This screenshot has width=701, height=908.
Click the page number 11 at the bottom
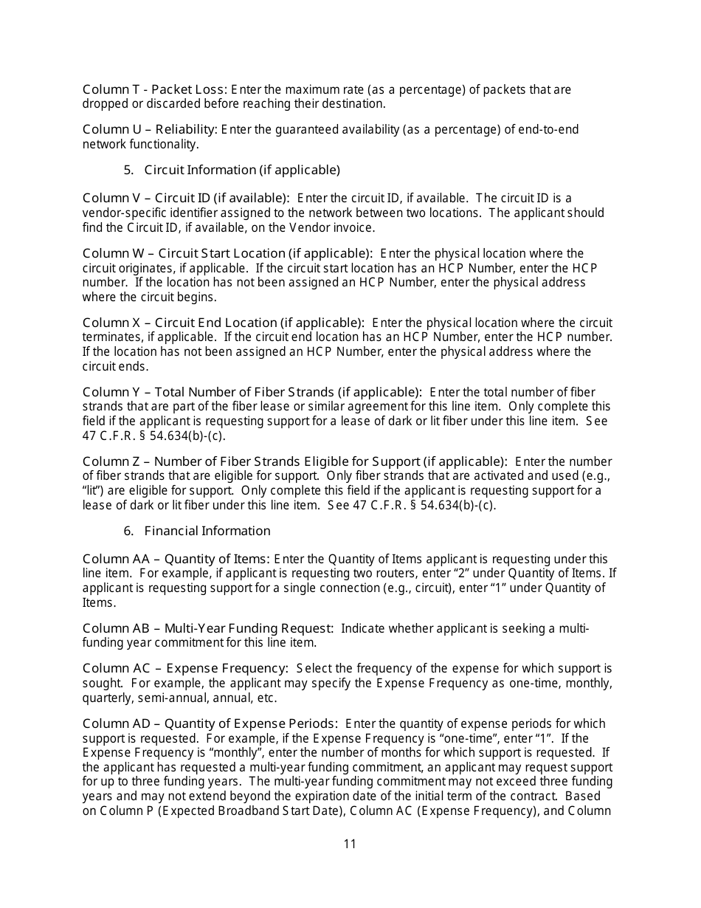click(x=350, y=844)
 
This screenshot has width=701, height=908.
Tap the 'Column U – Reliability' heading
click(x=150, y=130)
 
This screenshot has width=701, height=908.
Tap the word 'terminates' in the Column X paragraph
click(x=112, y=337)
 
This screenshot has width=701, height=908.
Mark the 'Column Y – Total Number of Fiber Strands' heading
click(x=252, y=392)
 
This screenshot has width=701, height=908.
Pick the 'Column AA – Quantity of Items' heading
click(x=176, y=560)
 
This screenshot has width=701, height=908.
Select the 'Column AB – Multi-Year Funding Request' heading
click(x=207, y=628)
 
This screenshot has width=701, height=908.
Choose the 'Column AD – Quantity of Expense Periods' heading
click(x=210, y=723)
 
